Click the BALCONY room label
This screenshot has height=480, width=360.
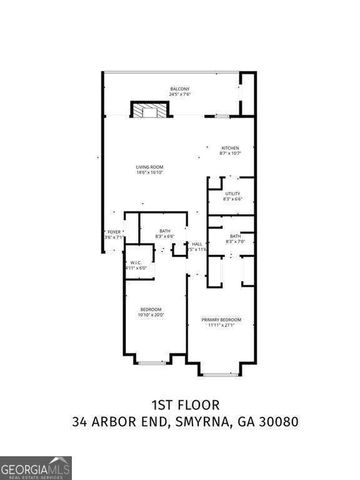click(x=180, y=89)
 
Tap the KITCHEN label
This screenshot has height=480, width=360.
click(x=230, y=146)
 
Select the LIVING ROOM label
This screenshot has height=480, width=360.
click(x=150, y=166)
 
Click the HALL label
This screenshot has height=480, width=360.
click(x=198, y=243)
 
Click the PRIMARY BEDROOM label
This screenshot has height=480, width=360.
click(x=220, y=319)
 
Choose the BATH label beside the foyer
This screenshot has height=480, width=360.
click(x=165, y=231)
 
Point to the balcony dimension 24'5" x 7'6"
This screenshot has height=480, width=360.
click(x=180, y=95)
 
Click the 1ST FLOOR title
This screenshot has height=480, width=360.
click(x=180, y=405)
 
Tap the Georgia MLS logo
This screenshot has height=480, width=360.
click(x=36, y=464)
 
